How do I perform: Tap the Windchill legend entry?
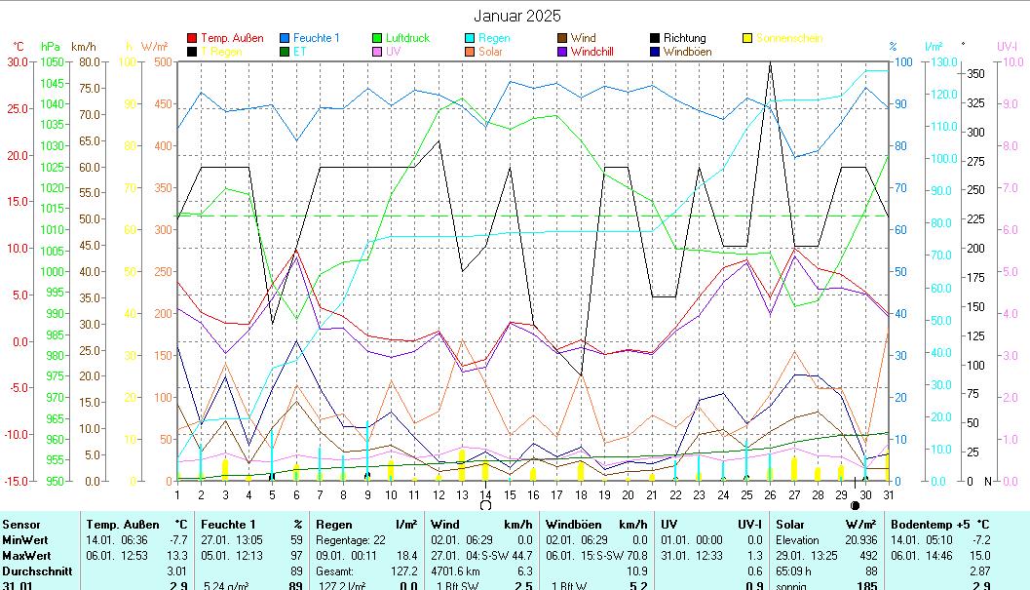(591, 52)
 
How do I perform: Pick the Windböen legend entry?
(687, 52)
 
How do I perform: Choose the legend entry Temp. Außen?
(231, 39)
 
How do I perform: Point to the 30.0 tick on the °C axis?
(18, 61)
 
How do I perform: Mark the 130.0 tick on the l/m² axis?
(934, 61)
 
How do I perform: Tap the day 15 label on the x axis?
(509, 495)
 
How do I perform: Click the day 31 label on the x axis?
(889, 495)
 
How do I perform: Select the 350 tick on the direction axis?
(974, 74)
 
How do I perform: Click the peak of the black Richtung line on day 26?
(770, 61)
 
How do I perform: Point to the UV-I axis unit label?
(1007, 47)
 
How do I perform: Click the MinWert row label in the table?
(25, 539)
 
